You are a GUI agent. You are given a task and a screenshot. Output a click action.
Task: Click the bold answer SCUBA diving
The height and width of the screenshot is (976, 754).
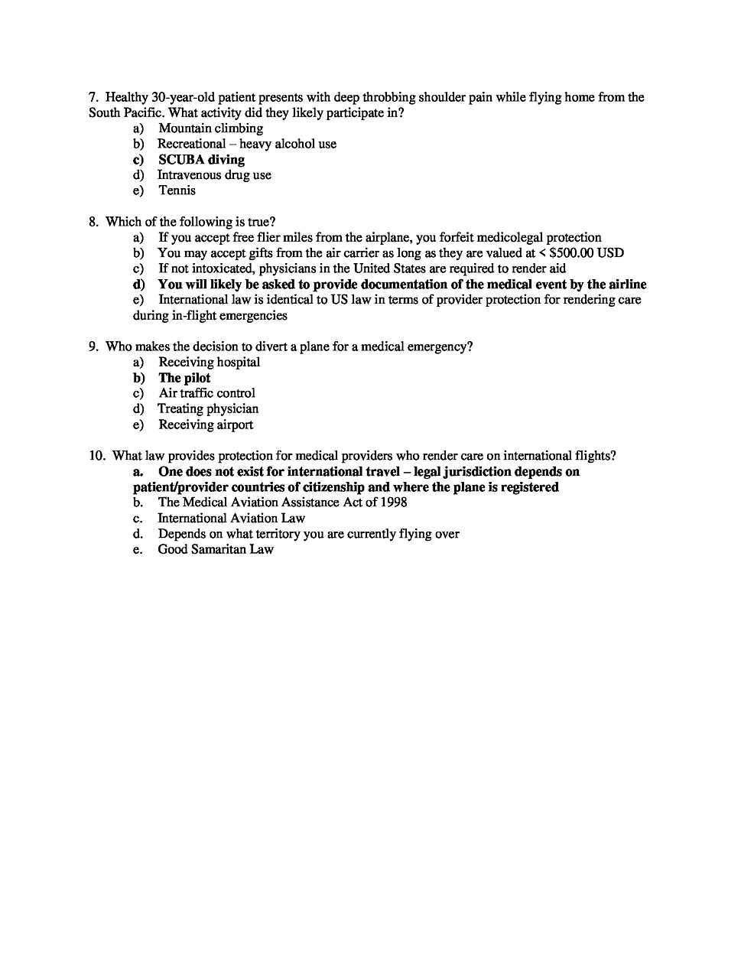point(201,160)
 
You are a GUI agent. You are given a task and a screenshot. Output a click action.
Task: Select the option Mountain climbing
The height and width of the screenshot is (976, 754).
point(210,129)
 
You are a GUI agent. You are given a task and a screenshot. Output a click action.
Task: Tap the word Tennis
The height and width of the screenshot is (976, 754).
point(177,190)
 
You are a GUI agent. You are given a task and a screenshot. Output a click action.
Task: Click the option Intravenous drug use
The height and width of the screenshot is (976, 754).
point(214,175)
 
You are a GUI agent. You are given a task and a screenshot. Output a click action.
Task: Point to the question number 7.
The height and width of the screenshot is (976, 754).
point(93,97)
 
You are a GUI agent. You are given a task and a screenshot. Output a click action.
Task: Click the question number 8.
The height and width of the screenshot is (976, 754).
point(93,222)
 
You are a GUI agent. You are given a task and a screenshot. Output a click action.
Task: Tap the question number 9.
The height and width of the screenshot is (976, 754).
point(93,346)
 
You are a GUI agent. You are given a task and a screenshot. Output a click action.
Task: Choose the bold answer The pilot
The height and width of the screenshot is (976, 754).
point(184,378)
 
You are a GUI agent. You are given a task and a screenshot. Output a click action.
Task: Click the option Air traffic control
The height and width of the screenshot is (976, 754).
point(206,393)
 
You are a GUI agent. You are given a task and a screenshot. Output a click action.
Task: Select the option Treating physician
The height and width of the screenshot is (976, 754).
point(208,409)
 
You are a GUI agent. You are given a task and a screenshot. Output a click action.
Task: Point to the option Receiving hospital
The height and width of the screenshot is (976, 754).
point(209,363)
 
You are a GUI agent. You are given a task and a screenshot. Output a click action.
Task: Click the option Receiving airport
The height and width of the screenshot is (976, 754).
point(206,425)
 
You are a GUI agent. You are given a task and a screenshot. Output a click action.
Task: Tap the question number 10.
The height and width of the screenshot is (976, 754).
point(96,456)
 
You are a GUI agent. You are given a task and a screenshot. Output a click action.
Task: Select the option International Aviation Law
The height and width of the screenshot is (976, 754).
point(231,518)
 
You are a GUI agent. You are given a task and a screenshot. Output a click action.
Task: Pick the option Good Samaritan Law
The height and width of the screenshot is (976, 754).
point(216,549)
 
